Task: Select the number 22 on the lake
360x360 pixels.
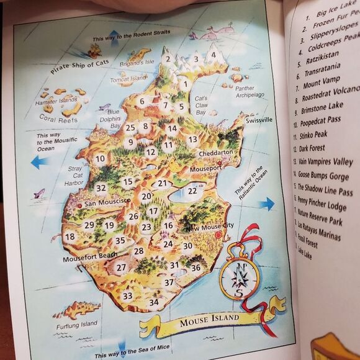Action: click(192, 191)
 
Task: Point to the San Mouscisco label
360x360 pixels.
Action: click(107, 202)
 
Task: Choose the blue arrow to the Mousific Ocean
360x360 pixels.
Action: click(39, 163)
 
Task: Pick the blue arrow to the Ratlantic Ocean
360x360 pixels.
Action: click(266, 203)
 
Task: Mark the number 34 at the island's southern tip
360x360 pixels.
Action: click(153, 302)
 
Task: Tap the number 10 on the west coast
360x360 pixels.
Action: click(100, 158)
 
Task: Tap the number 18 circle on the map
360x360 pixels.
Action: click(70, 236)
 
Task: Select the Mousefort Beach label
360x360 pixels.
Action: click(89, 255)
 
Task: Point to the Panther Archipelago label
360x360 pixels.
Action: click(250, 92)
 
